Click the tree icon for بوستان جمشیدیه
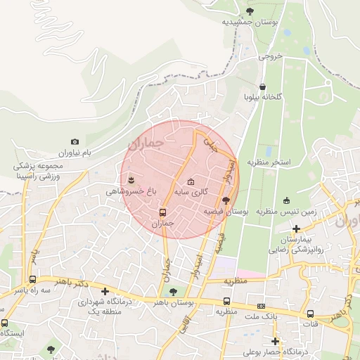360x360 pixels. point(250,11)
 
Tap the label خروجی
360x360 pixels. point(270,56)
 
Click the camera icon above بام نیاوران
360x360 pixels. point(75,142)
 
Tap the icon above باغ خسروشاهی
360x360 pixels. point(131,180)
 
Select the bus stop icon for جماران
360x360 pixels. point(163,212)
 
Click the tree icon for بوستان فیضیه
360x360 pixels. point(225,200)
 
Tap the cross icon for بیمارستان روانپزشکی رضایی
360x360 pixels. point(297,229)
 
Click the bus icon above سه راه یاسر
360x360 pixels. point(32,279)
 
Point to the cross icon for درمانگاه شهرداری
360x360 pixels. point(105,291)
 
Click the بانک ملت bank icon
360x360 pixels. point(261,306)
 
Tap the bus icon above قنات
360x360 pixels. point(310,314)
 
